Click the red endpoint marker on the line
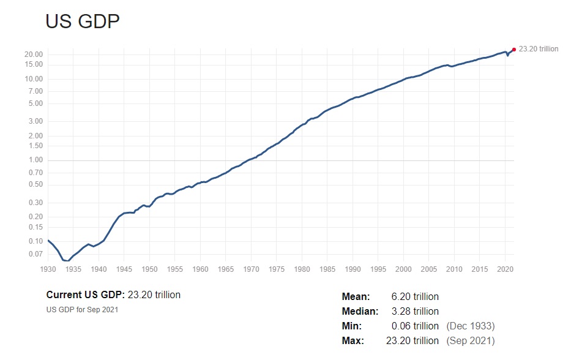pos(513,50)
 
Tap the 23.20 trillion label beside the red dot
pos(539,49)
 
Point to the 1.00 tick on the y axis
pos(35,160)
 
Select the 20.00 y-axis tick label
pos(34,54)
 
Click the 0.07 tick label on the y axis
pos(35,253)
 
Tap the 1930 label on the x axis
pos(48,269)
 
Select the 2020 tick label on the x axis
pos(505,269)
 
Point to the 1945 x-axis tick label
pos(124,269)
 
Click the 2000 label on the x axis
pos(403,269)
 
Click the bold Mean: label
pos(356,297)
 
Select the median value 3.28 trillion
pos(415,312)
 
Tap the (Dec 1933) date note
pos(471,326)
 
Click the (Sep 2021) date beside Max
pos(471,341)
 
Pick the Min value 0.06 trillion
pos(415,326)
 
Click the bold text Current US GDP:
pos(86,295)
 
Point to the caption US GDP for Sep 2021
pos(82,309)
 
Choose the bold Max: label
pos(353,341)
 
